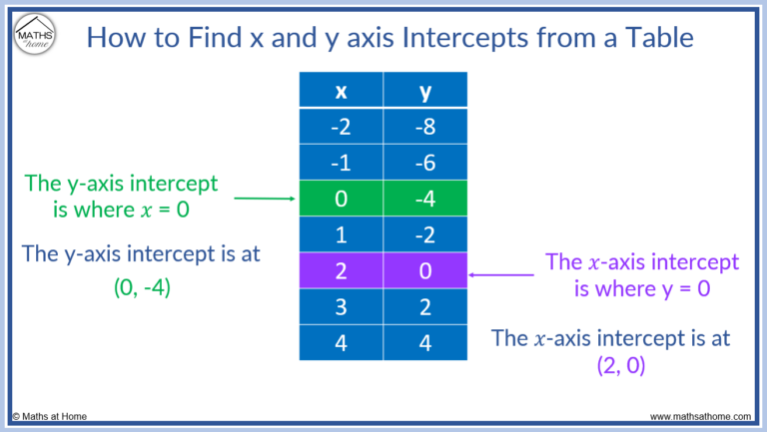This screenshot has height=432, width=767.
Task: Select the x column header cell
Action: [x=342, y=91]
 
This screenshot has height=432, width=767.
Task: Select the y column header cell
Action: [x=426, y=91]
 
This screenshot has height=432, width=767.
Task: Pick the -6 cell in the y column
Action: [x=426, y=163]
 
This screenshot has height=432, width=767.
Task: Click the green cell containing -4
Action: [x=426, y=199]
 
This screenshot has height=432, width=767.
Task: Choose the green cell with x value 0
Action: [x=342, y=199]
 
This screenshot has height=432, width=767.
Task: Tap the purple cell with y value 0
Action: [x=426, y=270]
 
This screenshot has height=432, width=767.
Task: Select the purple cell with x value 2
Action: [x=342, y=270]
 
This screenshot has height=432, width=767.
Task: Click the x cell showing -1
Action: [x=342, y=163]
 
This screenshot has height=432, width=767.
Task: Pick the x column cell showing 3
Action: [x=342, y=306]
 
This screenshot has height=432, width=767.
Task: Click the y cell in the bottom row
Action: [x=426, y=342]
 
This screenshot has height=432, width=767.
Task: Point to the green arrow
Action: [x=265, y=199]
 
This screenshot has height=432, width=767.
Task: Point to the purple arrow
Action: [x=501, y=272]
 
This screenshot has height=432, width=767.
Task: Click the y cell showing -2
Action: [x=426, y=234]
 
